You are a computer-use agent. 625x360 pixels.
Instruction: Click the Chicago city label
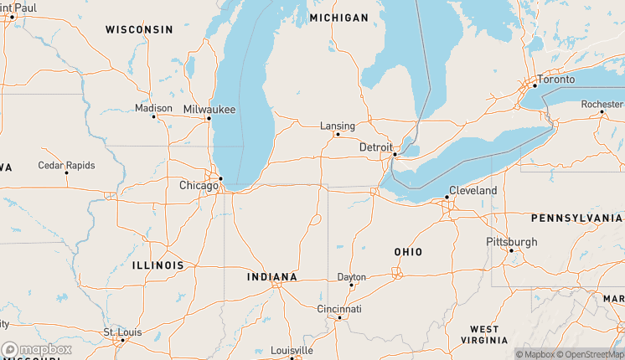[x=198, y=185]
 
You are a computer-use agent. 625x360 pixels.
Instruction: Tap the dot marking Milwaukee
[x=209, y=118]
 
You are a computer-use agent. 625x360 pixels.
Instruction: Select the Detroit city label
[x=375, y=147]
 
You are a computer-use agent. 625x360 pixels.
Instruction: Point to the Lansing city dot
[x=338, y=134]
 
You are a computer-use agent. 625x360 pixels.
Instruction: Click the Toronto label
[x=556, y=79]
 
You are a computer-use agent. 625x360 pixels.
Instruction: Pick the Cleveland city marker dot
[x=447, y=198]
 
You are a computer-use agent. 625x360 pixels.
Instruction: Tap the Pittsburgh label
[x=512, y=242]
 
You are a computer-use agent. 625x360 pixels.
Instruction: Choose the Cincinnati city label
[x=339, y=309]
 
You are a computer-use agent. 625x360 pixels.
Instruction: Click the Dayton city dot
[x=351, y=285]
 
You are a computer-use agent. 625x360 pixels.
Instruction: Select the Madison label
[x=153, y=108]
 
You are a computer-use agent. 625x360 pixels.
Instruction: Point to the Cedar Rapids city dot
[x=66, y=173]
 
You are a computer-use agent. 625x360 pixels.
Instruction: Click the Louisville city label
[x=292, y=350]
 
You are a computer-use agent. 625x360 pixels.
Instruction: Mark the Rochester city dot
[x=602, y=112]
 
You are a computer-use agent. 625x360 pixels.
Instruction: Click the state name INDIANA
[x=272, y=277]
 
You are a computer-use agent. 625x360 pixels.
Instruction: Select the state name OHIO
[x=408, y=252]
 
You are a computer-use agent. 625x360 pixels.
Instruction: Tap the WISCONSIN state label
[x=139, y=29]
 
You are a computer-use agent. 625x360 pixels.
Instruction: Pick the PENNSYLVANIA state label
[x=576, y=218]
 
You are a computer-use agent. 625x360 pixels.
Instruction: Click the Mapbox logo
[x=37, y=349]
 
